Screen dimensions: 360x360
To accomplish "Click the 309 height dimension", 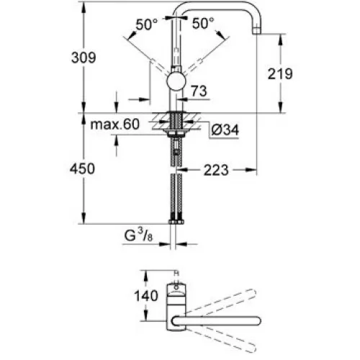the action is pyautogui.click(x=84, y=58).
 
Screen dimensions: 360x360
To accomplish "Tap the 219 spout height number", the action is pyautogui.click(x=280, y=74).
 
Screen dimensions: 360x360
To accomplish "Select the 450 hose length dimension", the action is pyautogui.click(x=82, y=168).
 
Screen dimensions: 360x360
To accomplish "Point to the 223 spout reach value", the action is pyautogui.click(x=216, y=170).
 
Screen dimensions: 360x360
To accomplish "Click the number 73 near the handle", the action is pyautogui.click(x=199, y=91).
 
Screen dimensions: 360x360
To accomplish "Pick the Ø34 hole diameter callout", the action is pyautogui.click(x=225, y=130).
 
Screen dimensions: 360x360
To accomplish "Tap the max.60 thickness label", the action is pyautogui.click(x=114, y=125).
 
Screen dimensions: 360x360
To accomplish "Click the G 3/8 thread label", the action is pyautogui.click(x=138, y=235).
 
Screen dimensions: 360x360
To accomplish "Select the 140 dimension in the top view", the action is pyautogui.click(x=146, y=295).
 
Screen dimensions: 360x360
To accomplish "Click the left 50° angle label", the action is pyautogui.click(x=147, y=24).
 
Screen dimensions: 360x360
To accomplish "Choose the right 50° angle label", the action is pyautogui.click(x=203, y=23).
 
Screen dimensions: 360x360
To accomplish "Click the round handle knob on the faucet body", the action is pyautogui.click(x=176, y=81).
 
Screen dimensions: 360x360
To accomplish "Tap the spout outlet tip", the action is pyautogui.click(x=256, y=31).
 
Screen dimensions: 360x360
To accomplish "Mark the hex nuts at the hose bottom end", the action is pyautogui.click(x=176, y=222).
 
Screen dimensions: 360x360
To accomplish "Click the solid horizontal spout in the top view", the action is pyautogui.click(x=216, y=321).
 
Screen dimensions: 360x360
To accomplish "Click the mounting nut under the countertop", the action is pyautogui.click(x=176, y=133).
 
